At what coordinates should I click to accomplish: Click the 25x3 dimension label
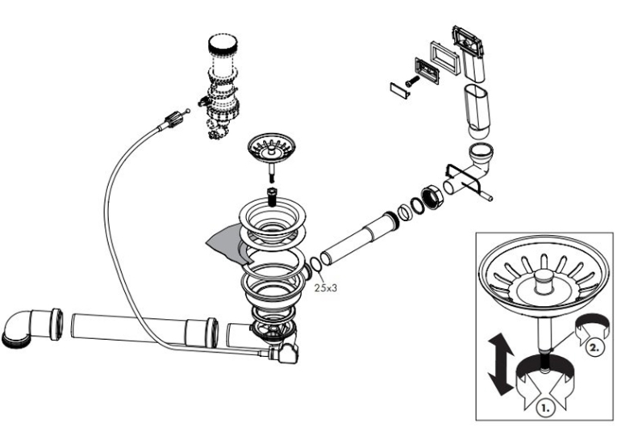pos(326,288)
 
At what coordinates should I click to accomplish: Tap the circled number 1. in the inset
pos(545,409)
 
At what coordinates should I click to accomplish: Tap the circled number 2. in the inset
pos(594,347)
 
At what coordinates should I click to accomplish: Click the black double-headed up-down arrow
pos(501,364)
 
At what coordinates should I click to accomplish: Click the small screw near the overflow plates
pos(412,82)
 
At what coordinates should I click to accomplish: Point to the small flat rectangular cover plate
pos(400,90)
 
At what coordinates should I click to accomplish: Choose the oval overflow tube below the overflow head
pos(477,111)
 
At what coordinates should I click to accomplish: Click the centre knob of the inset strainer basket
pos(544,280)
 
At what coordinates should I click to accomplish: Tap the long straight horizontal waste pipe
pos(144,330)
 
